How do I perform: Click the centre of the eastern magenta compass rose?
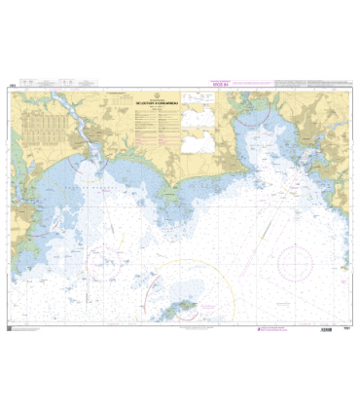coord(295,260)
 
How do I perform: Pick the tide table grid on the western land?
coord(63,126)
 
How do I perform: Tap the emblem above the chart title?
coord(156,89)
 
